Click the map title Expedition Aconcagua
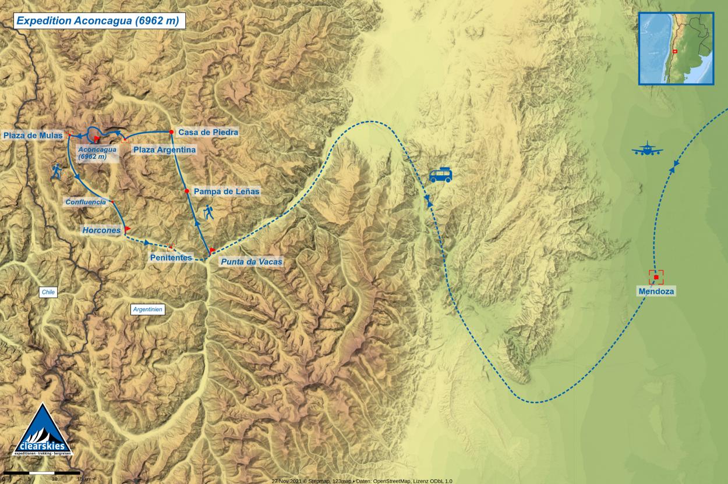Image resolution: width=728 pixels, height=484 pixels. (x=97, y=21)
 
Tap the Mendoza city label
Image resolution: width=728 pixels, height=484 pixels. (x=656, y=291)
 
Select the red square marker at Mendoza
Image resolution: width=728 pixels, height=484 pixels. (x=656, y=277)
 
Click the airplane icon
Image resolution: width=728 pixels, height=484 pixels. (x=647, y=149)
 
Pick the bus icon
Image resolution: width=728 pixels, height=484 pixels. (x=440, y=175)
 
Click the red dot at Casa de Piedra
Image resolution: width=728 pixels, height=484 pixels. (x=171, y=132)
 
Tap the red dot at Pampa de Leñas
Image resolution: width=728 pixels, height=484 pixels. (x=186, y=191)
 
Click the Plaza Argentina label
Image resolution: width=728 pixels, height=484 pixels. (x=164, y=150)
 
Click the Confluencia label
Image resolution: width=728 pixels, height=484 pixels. (x=86, y=202)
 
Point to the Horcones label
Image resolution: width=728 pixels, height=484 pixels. (x=101, y=230)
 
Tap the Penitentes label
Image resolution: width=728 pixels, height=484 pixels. (x=171, y=257)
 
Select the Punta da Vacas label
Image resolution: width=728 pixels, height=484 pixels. (x=251, y=262)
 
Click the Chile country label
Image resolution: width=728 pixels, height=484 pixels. (x=48, y=293)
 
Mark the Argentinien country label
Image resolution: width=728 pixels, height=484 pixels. (x=148, y=310)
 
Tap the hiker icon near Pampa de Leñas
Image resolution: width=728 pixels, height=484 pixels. (x=208, y=213)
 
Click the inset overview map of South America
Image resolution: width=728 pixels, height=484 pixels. (x=676, y=49)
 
